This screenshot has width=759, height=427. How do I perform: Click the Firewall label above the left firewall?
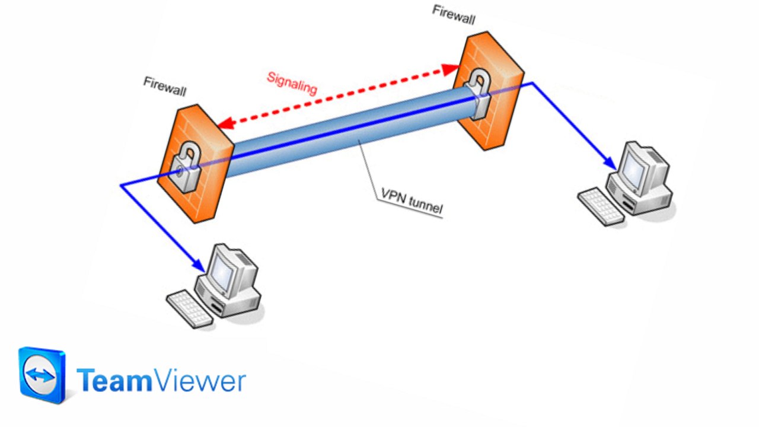coord(165,86)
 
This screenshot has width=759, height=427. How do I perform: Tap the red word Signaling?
coord(292,83)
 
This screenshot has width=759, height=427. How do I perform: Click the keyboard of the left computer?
coord(189,309)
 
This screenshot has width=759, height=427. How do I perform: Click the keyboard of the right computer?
coord(601,206)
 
